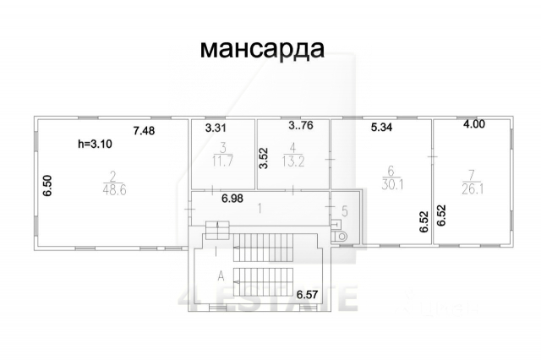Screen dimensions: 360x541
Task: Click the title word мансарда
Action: point(261,48)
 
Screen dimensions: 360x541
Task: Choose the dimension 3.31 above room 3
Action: point(217,129)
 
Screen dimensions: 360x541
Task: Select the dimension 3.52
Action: point(264,160)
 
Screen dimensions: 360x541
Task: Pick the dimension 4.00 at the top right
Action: point(473,125)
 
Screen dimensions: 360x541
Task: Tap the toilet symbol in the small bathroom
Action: point(342,237)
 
